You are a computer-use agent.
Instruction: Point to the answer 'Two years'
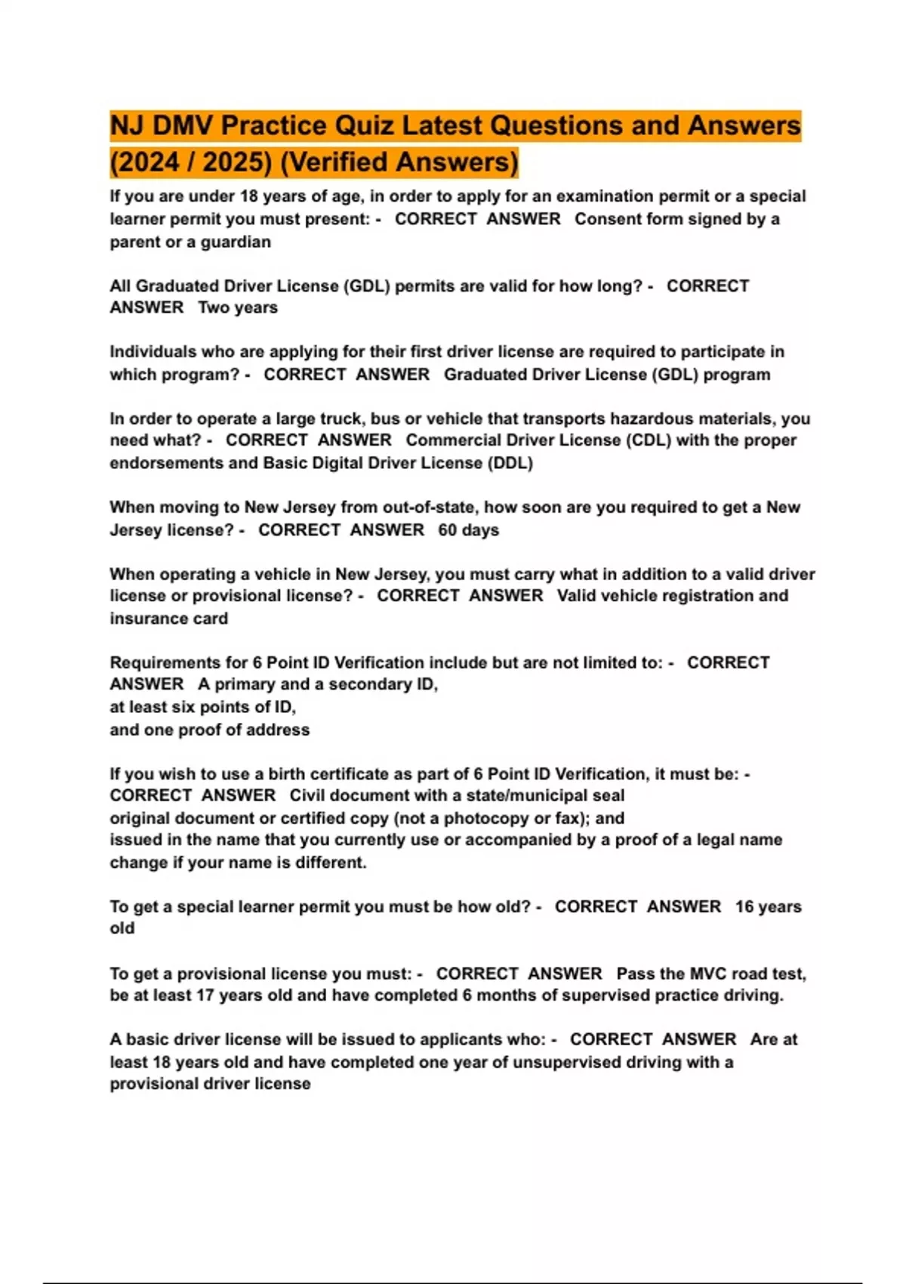238,308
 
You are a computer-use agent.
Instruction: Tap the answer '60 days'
469,530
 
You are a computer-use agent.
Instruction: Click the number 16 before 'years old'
744,906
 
